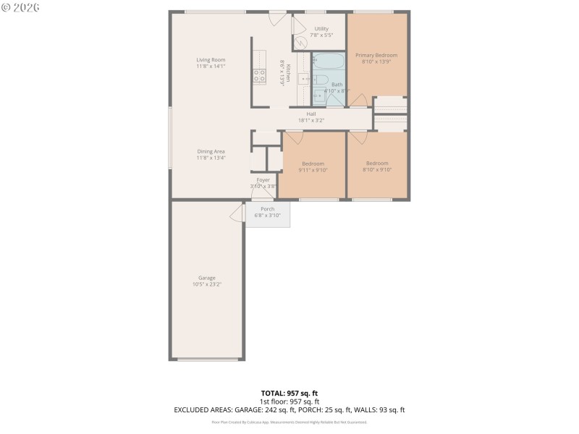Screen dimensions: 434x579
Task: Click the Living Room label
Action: [211, 59]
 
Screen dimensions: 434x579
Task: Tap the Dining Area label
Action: [211, 151]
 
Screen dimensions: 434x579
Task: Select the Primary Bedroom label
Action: [376, 55]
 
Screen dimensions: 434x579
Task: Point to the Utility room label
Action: [321, 29]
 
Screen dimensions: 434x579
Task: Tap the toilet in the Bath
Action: [319, 95]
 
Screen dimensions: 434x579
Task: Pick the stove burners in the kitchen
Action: [259, 74]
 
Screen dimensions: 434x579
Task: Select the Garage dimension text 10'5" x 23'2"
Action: [207, 284]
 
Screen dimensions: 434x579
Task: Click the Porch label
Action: [267, 209]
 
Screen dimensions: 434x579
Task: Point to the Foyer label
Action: [263, 179]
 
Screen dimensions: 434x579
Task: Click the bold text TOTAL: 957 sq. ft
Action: [289, 393]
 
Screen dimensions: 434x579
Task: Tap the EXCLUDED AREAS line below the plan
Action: [289, 409]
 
